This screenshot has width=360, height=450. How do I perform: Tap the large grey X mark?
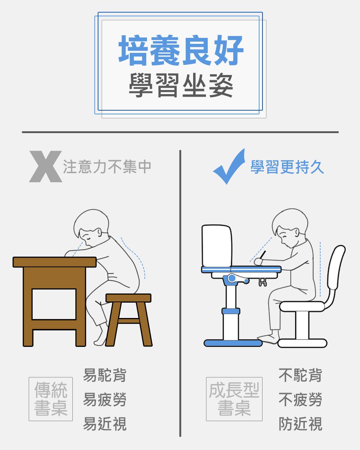[45, 167]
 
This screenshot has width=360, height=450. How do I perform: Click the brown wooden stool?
[129, 298]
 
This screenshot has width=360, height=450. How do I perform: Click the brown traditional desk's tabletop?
[55, 262]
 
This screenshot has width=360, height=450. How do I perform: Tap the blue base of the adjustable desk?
[233, 343]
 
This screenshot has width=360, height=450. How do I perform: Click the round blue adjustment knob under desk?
[232, 278]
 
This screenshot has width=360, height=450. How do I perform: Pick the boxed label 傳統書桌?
[51, 399]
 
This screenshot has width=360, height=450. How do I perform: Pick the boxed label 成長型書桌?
[234, 399]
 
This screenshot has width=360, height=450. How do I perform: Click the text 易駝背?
[105, 375]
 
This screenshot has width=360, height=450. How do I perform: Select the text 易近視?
[105, 424]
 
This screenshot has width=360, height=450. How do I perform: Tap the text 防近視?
[300, 424]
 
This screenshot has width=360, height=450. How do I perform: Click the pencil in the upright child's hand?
[263, 255]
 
